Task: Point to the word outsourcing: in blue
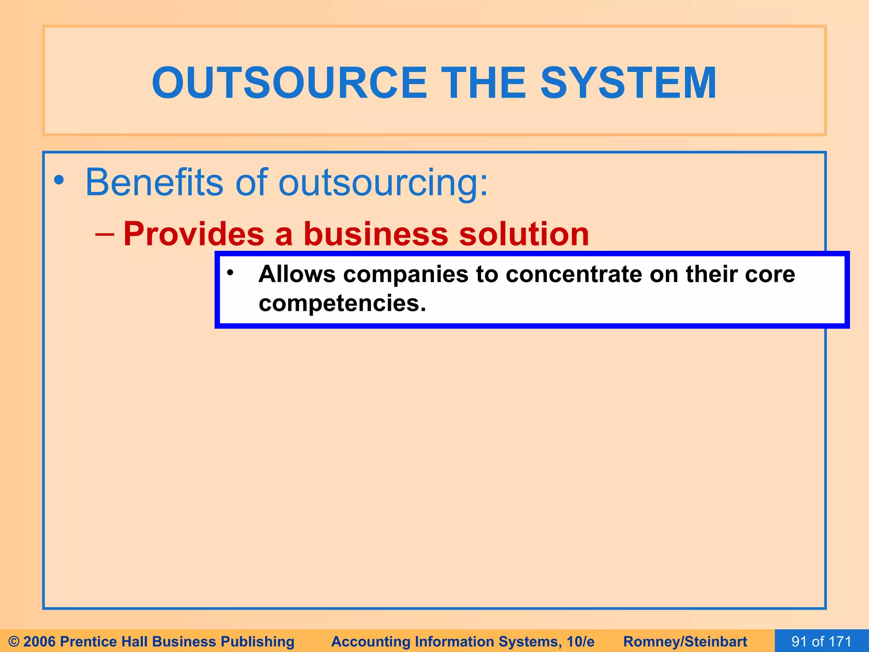(383, 183)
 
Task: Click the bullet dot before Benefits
(59, 181)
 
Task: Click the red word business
(376, 234)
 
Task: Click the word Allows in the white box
(297, 274)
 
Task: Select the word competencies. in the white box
(342, 304)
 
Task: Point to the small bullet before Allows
(230, 273)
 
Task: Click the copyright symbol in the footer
(14, 641)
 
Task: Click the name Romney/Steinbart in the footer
(685, 641)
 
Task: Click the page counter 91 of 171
(821, 641)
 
